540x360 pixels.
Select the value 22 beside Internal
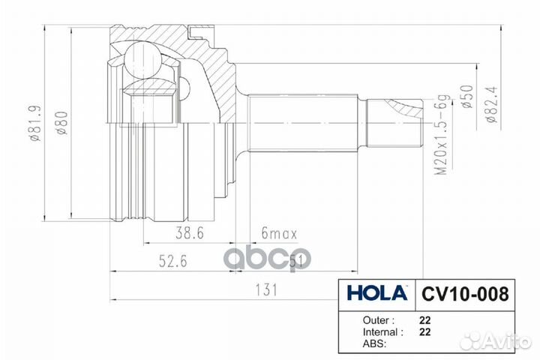(424, 331)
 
